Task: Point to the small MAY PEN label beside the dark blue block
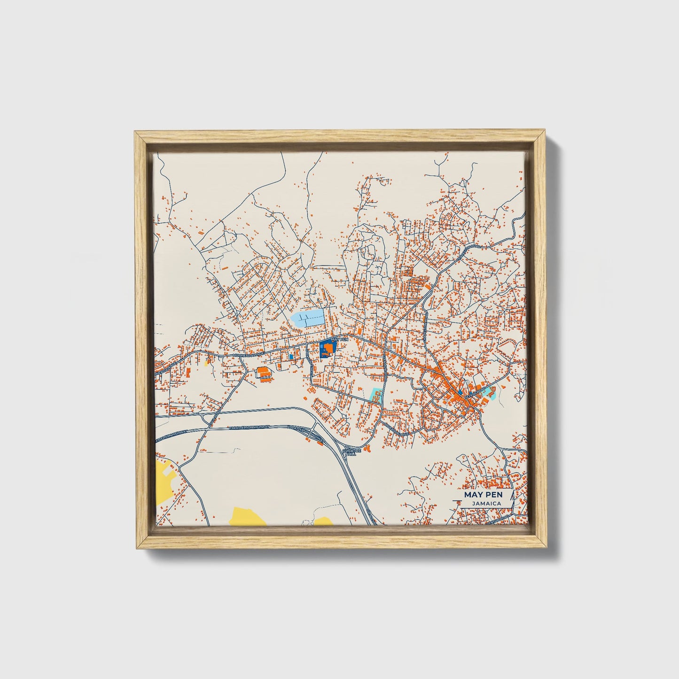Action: tap(339, 339)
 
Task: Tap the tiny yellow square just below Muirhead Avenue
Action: tap(206, 362)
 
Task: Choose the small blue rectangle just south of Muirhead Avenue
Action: tap(291, 357)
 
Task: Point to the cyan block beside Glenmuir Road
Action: tap(376, 396)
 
